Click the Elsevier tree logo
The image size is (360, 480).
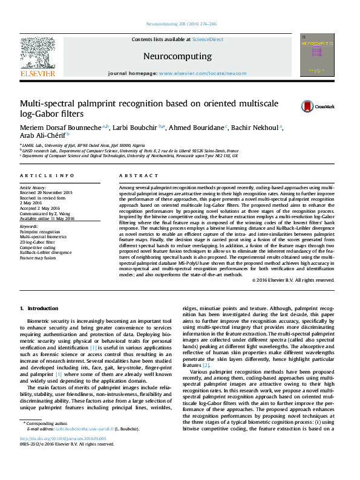click(38, 53)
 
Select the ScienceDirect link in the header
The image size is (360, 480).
click(208, 39)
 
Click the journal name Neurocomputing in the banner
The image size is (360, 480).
click(177, 56)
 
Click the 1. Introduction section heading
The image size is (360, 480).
click(39, 309)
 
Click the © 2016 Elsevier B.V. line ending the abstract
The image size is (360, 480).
click(301, 281)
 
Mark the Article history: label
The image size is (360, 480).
click(33, 188)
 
